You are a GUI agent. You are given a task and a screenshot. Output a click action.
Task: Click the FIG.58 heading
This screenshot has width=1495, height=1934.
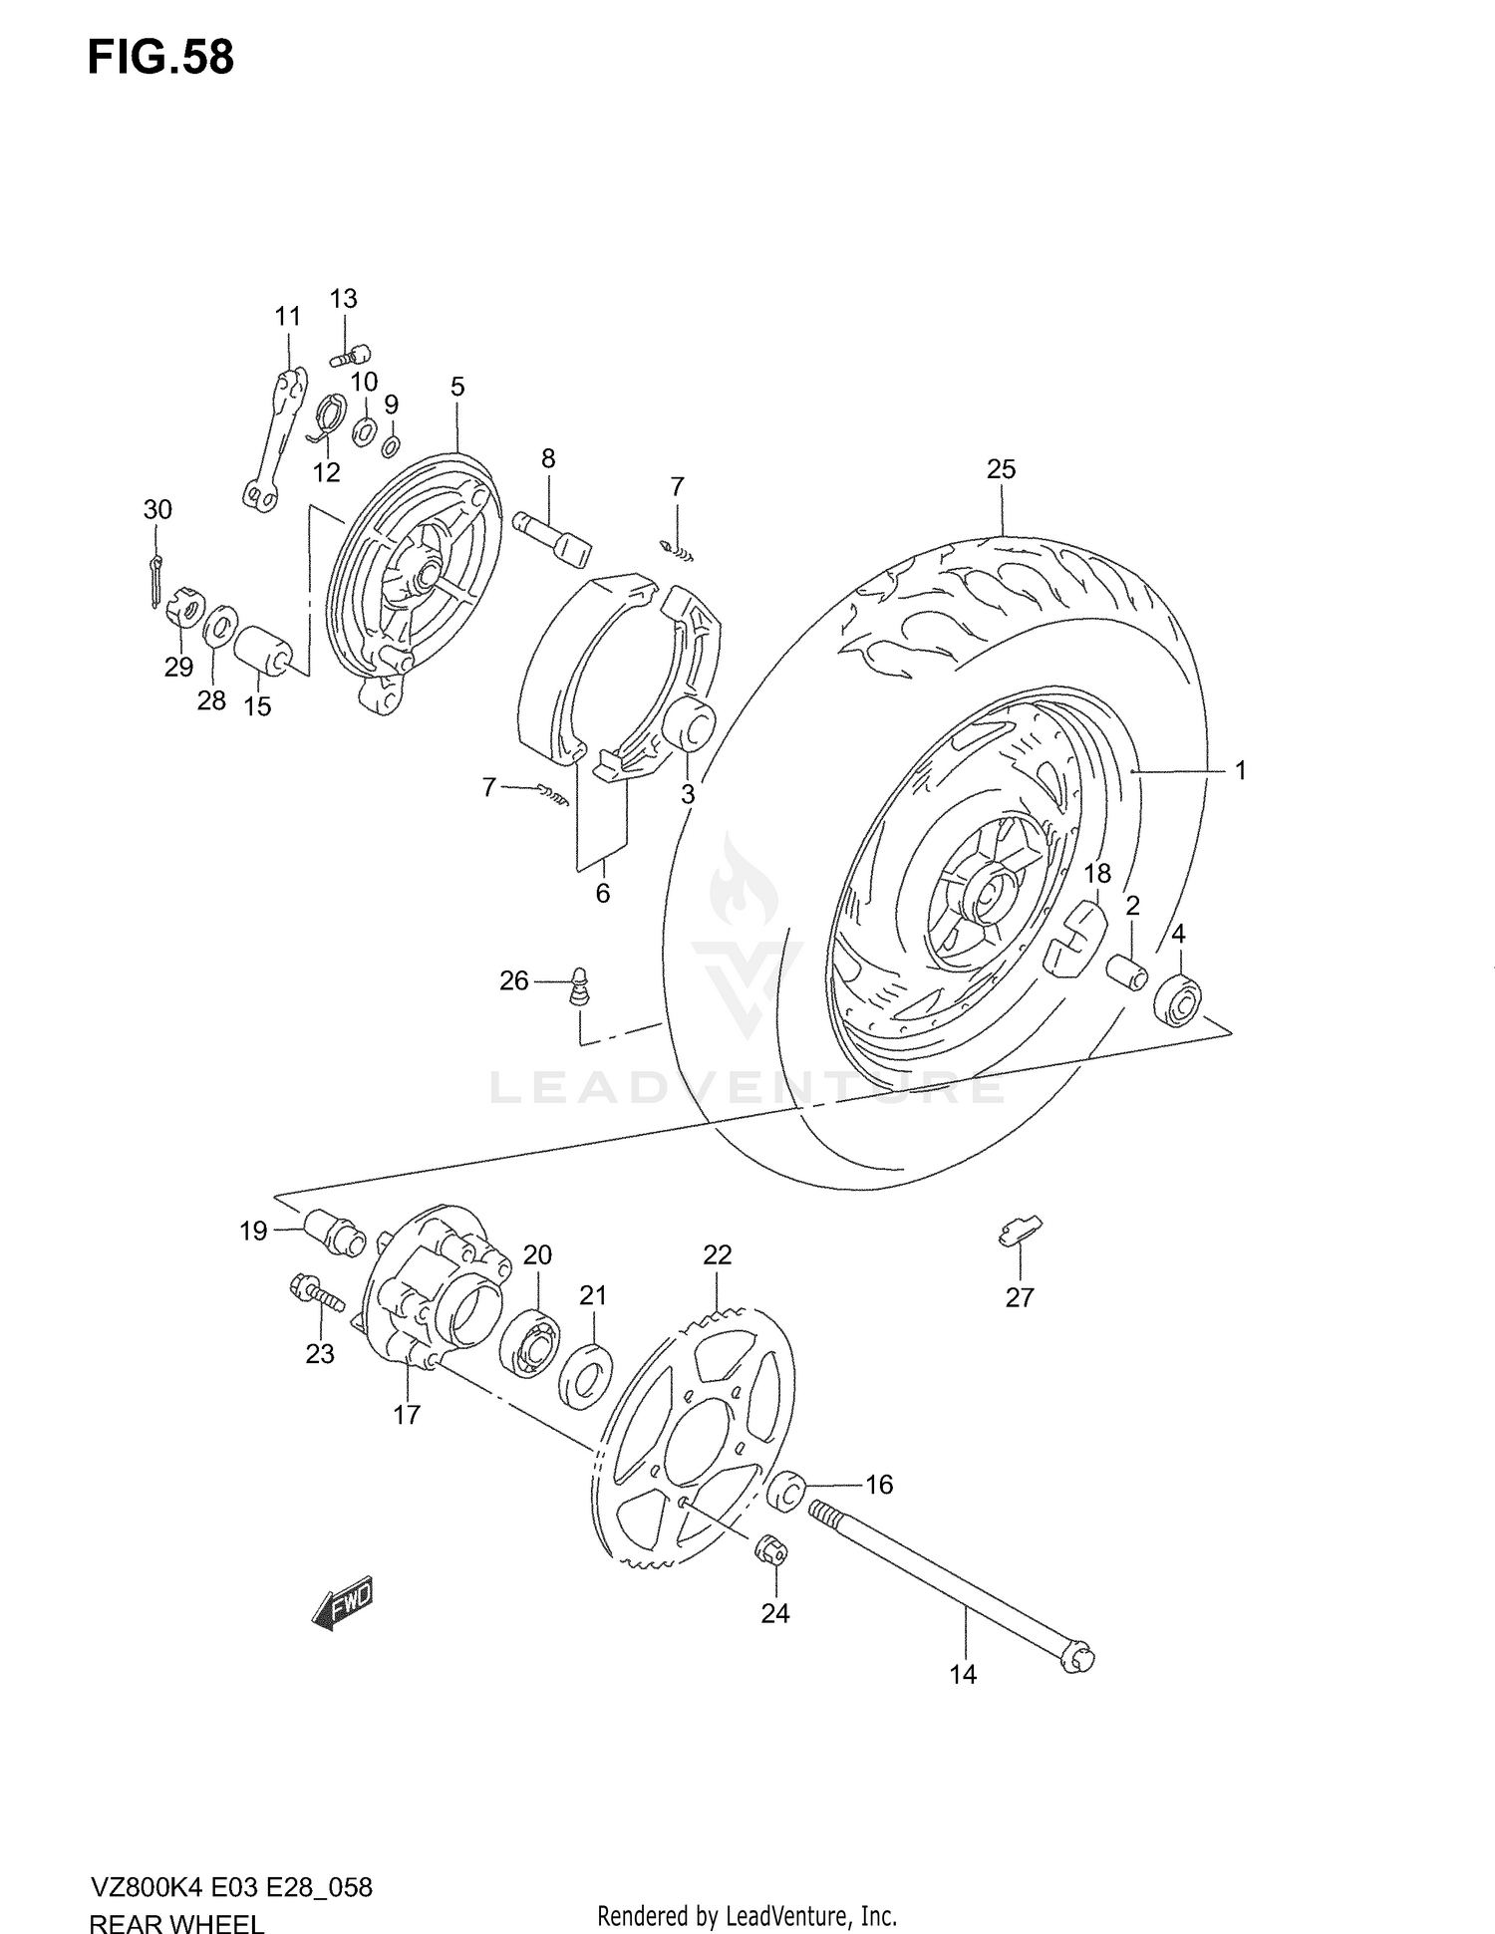point(160,58)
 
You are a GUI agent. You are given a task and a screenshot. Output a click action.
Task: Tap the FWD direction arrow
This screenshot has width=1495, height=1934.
point(342,1602)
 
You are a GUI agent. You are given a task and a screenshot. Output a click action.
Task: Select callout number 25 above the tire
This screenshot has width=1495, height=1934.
point(1001,468)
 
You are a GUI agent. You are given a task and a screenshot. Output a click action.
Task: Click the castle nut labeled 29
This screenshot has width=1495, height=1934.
point(184,607)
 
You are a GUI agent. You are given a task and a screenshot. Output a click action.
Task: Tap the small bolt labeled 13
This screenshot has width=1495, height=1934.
point(351,355)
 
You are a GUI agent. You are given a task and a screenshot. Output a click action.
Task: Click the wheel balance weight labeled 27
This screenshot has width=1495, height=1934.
point(1019,1232)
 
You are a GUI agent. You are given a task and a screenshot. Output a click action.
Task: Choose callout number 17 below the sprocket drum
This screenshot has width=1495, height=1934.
point(407,1414)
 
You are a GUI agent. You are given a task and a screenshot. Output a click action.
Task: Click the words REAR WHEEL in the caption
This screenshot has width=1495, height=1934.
point(176,1919)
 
